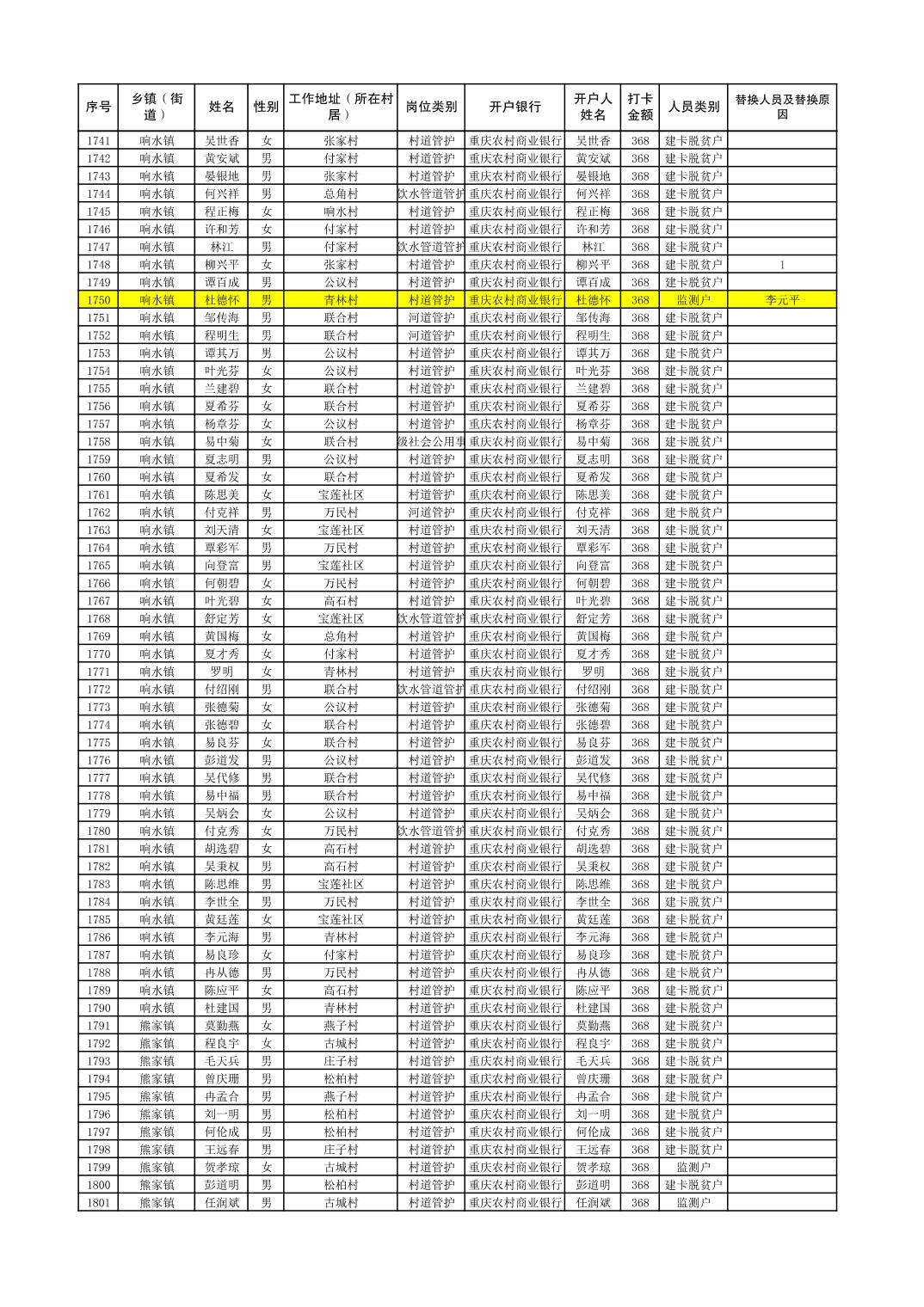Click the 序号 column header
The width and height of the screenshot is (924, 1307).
point(98,107)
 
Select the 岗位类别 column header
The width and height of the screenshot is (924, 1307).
point(431,107)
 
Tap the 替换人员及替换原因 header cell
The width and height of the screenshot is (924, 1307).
point(781,107)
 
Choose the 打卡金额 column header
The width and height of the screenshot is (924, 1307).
point(639,107)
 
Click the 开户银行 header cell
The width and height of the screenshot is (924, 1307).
point(514,107)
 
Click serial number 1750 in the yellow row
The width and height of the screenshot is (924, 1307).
point(98,300)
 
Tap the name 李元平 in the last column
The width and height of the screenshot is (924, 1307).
point(781,300)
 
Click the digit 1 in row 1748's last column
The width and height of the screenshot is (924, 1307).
point(781,265)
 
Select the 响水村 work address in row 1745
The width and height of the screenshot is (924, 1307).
point(341,212)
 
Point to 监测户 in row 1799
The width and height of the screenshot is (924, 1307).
point(693,1167)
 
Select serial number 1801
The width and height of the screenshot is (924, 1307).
point(98,1203)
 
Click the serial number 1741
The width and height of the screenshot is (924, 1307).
point(98,141)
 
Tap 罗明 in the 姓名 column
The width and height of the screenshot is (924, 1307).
point(221,672)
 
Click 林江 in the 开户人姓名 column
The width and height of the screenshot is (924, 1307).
point(593,247)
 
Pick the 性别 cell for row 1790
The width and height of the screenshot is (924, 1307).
point(266,1008)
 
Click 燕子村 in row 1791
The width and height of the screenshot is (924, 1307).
point(341,1026)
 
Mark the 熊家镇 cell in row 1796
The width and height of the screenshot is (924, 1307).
point(157,1114)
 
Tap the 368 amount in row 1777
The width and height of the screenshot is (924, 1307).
point(639,778)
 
